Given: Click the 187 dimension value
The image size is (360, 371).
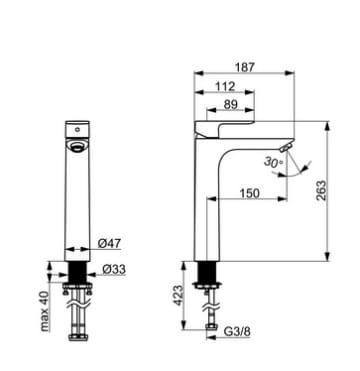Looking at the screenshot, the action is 245,67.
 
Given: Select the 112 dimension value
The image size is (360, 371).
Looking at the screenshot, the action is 225,86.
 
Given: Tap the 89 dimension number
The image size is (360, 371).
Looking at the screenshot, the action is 230,105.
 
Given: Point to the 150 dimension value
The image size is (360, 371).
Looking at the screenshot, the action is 249,193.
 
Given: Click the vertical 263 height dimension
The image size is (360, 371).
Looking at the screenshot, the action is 321,190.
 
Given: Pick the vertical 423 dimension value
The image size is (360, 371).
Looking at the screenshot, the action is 178,295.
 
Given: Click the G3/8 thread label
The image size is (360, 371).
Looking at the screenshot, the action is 237,332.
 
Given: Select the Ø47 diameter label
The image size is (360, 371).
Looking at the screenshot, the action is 109,244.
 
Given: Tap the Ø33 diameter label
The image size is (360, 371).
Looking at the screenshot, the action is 114,269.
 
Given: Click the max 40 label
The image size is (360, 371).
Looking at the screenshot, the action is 44,311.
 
